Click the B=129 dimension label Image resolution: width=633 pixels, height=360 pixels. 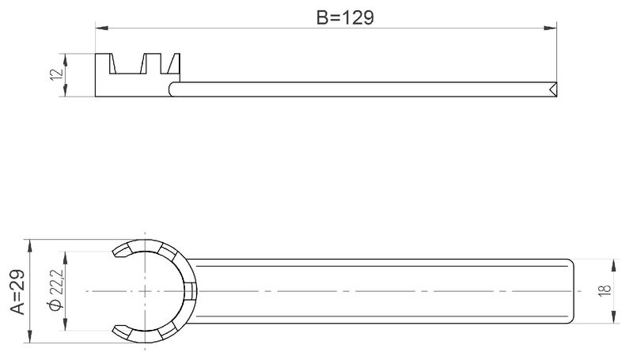[x=345, y=17]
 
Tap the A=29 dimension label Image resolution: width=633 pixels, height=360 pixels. [x=17, y=292]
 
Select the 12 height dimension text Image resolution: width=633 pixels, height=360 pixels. [x=57, y=74]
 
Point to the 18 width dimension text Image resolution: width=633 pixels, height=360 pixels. [x=605, y=290]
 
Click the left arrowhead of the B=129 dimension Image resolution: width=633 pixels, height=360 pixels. [x=102, y=28]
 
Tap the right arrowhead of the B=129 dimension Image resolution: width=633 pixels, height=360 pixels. [x=550, y=28]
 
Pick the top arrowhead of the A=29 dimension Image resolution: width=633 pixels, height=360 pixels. [x=29, y=246]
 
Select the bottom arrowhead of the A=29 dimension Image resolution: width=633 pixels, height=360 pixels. [x=29, y=336]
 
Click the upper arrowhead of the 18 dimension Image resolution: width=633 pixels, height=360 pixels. [x=614, y=266]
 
